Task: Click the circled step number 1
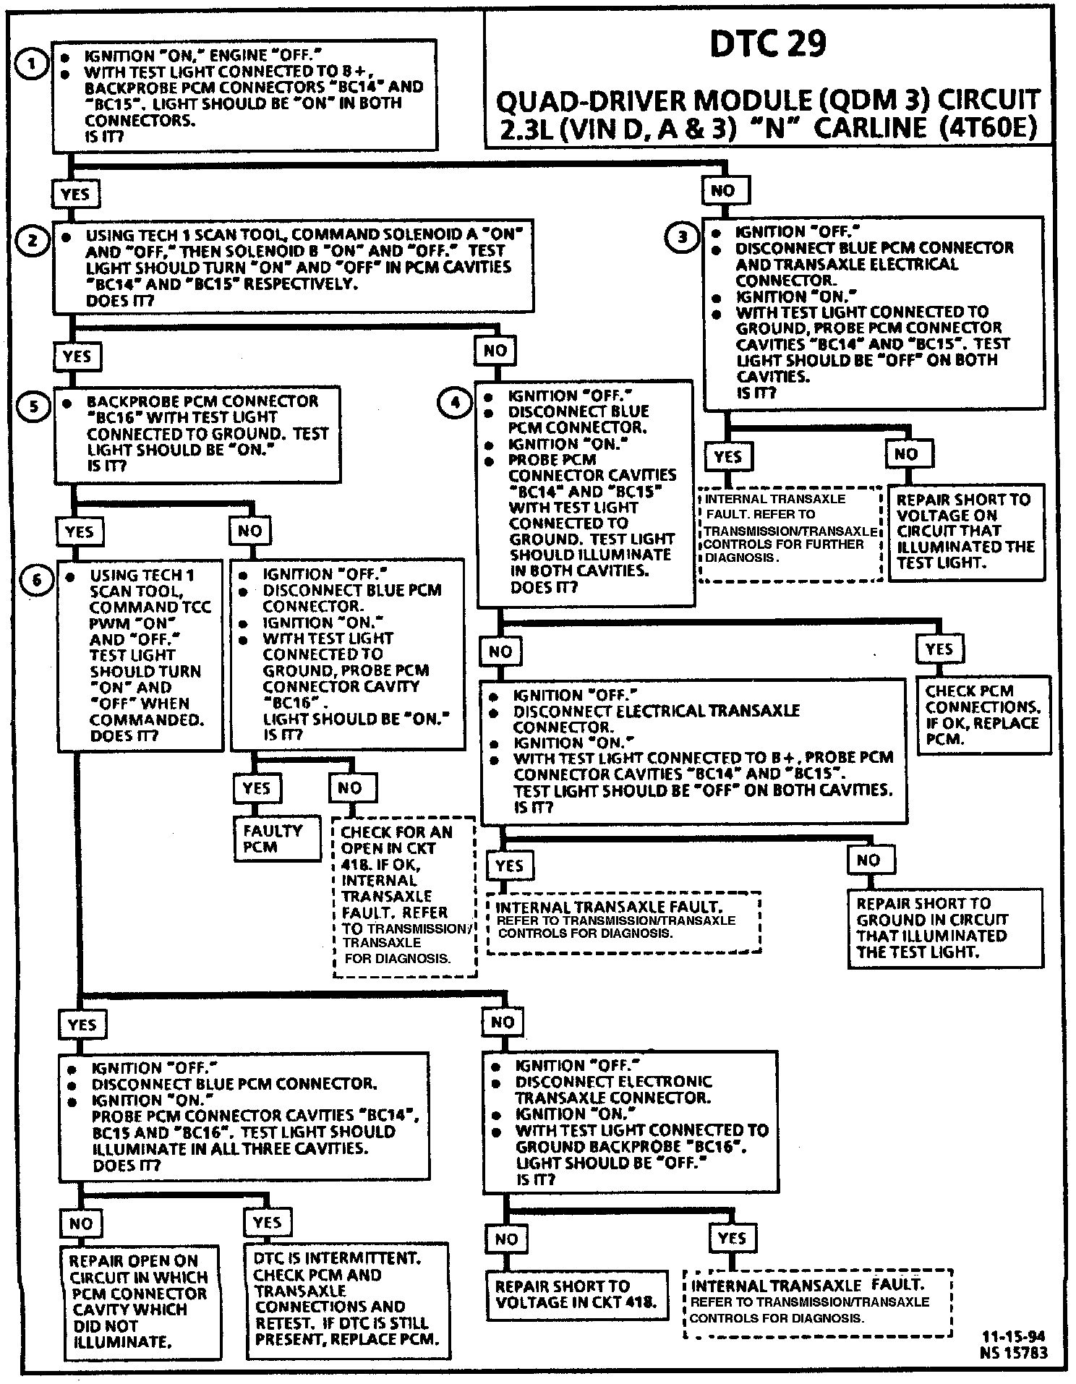(x=31, y=64)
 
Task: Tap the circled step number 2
(x=33, y=240)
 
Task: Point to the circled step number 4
(x=455, y=402)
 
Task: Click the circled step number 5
(x=34, y=406)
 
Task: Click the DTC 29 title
(x=767, y=44)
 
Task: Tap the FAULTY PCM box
(x=277, y=839)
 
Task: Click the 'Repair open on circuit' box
(x=140, y=1301)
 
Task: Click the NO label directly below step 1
(x=724, y=191)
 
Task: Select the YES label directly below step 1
(x=75, y=194)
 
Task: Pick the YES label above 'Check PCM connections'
(x=939, y=649)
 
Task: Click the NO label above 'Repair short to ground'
(x=868, y=860)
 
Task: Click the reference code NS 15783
(x=1014, y=1352)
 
